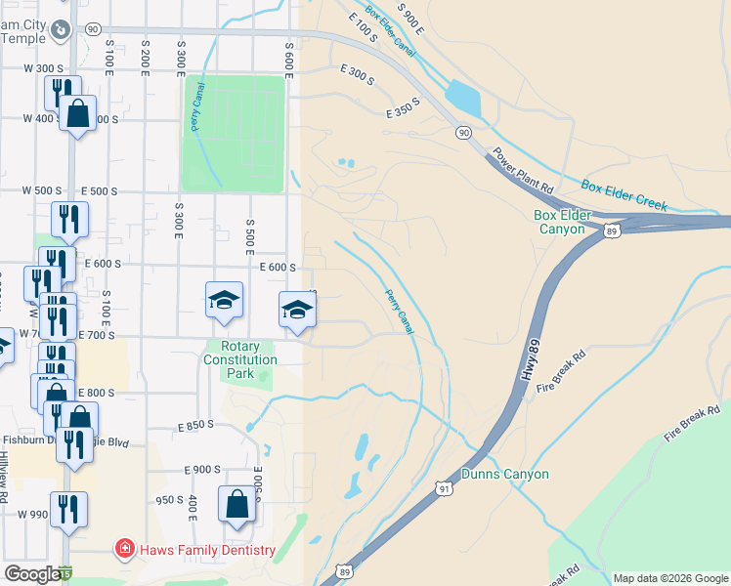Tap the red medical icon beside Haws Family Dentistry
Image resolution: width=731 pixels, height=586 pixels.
click(124, 550)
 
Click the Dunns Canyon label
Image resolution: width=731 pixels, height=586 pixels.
click(505, 475)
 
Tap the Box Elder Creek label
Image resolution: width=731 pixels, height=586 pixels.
click(623, 193)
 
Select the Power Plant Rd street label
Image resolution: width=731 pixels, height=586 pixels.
click(523, 170)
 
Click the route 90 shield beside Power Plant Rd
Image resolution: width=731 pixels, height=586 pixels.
click(462, 132)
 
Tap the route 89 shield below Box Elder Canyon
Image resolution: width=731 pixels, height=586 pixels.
click(612, 230)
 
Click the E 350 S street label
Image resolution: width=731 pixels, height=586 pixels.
click(402, 107)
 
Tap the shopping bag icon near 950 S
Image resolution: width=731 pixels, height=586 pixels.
click(236, 507)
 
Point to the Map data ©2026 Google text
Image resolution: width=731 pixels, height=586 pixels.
click(669, 578)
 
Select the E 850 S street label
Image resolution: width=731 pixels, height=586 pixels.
click(195, 426)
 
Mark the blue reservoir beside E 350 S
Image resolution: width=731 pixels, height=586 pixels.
click(461, 99)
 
